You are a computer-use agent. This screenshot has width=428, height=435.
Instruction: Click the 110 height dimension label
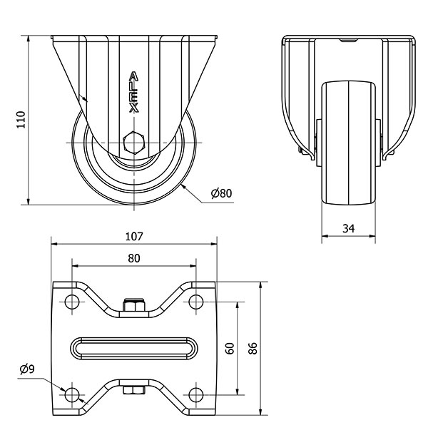click(x=21, y=119)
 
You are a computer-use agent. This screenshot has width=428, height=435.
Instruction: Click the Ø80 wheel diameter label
click(x=222, y=193)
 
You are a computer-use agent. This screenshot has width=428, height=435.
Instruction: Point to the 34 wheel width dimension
click(x=349, y=228)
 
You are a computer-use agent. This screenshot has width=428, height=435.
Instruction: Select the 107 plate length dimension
click(x=134, y=236)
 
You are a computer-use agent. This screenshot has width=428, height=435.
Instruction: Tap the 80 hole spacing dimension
click(x=134, y=258)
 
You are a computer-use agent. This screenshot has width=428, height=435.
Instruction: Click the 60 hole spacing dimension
click(x=230, y=348)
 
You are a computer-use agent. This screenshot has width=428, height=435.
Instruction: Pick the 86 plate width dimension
click(x=253, y=348)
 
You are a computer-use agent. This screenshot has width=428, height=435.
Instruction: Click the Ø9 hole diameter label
click(x=29, y=368)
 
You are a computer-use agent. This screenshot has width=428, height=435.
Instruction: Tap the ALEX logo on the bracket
click(x=133, y=91)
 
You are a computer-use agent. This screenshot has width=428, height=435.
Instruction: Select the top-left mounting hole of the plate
click(x=72, y=302)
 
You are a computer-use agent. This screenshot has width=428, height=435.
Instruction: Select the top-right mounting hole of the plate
click(x=196, y=302)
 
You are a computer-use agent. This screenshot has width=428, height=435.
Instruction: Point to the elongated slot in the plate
click(x=134, y=348)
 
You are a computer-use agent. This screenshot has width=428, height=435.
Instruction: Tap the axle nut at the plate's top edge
click(x=133, y=307)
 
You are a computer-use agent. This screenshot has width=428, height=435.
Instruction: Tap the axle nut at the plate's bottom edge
click(x=133, y=390)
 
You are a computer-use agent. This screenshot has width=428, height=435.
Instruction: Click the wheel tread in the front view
click(x=349, y=143)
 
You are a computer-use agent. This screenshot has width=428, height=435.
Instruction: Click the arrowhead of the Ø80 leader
click(x=183, y=184)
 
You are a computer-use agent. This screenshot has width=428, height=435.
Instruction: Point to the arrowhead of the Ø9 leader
click(x=65, y=389)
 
